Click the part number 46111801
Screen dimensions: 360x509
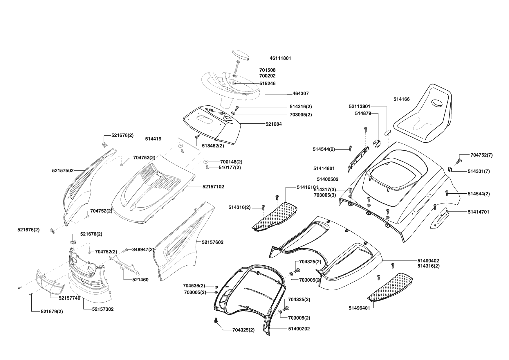click(280, 58)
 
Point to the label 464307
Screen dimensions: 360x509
click(301, 93)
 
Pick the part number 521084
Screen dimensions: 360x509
click(274, 124)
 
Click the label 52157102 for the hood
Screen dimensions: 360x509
click(213, 187)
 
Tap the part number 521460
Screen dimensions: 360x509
click(140, 280)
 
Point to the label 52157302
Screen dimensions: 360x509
click(103, 309)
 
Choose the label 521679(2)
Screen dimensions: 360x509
click(52, 312)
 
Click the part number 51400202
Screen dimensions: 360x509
click(299, 329)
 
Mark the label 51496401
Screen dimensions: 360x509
click(359, 308)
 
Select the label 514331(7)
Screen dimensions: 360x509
click(479, 172)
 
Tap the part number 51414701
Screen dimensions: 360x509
click(478, 212)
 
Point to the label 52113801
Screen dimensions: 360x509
click(359, 107)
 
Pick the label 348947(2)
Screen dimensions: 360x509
click(143, 249)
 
